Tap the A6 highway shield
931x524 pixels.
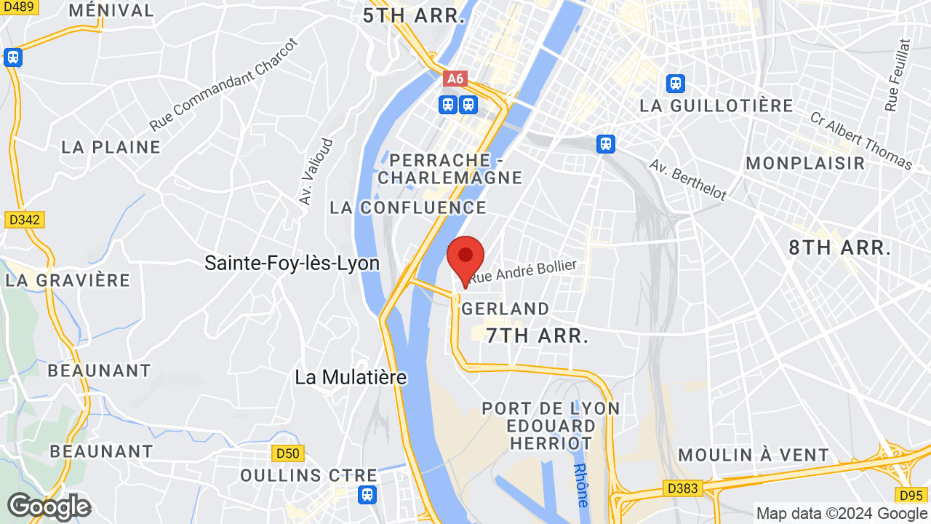click(455, 79)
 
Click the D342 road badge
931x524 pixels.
click(24, 219)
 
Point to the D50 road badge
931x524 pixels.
click(287, 453)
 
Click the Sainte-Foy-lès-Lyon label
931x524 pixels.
click(292, 263)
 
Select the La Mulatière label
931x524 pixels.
click(351, 377)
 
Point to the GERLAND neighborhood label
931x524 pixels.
click(506, 309)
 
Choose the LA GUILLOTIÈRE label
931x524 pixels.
click(716, 106)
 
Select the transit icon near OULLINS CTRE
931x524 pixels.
click(368, 496)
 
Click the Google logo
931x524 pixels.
click(48, 507)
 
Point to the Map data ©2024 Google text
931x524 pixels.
click(840, 513)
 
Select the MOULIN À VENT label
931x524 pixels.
click(754, 456)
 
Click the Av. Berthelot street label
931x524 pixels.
click(687, 180)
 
